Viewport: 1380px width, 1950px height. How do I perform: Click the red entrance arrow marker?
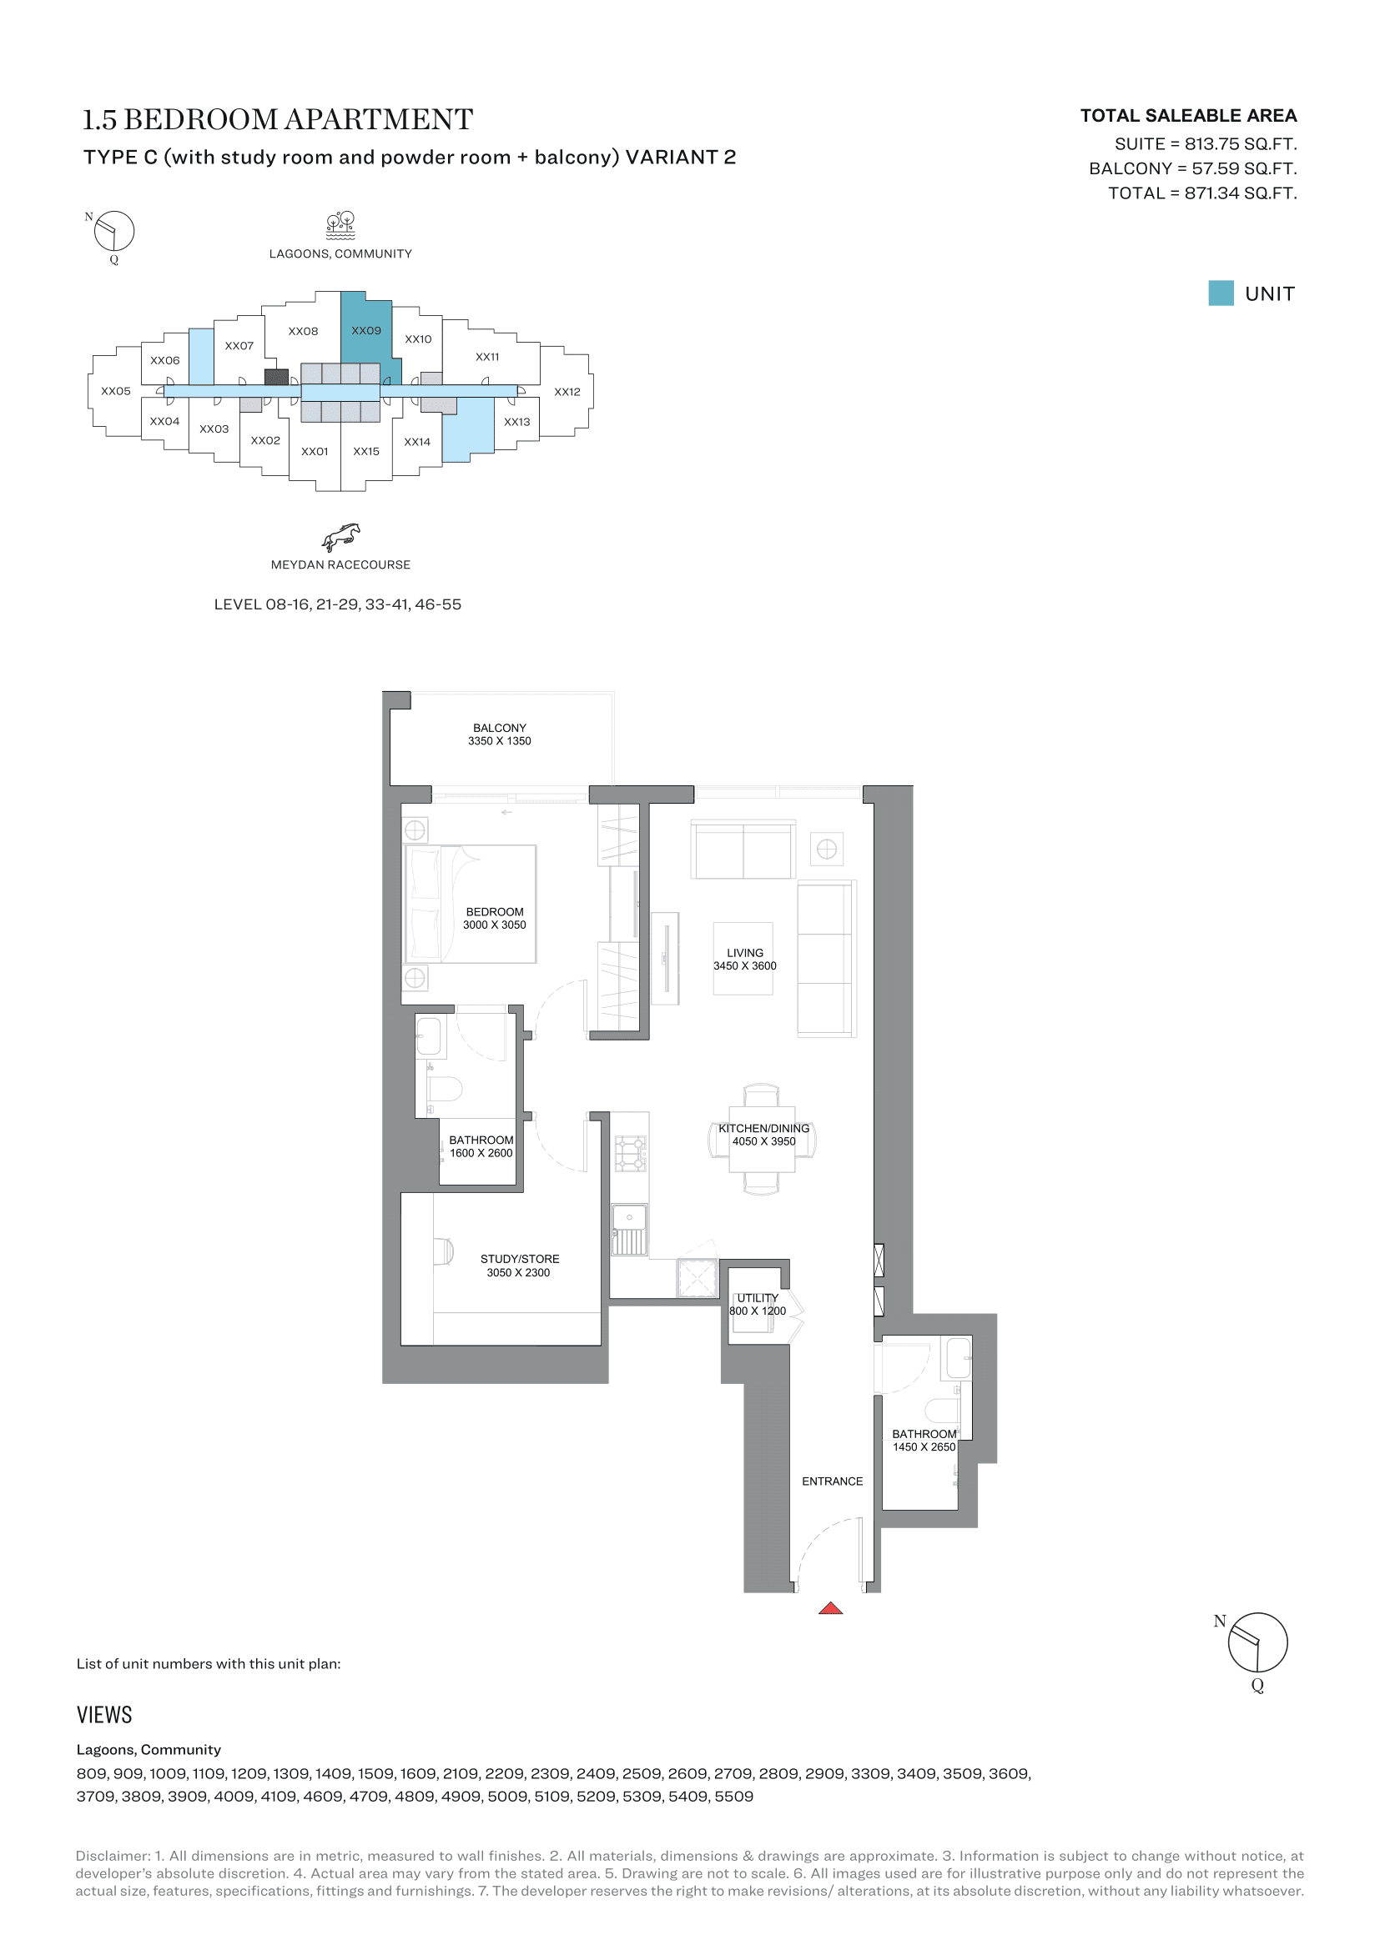[830, 1607]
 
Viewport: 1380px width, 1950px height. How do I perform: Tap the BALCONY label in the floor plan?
[500, 734]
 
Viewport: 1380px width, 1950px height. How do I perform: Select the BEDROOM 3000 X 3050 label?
[495, 918]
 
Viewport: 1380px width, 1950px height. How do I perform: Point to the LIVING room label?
[744, 959]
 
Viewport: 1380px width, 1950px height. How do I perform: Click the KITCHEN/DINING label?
[764, 1135]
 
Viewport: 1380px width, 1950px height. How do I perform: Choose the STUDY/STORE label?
[519, 1266]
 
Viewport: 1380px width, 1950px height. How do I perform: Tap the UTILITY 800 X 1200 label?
[757, 1304]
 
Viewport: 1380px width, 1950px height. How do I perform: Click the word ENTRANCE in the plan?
[832, 1481]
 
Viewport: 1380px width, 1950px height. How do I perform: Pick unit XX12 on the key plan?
[567, 392]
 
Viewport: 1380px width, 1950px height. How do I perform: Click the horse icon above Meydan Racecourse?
[340, 538]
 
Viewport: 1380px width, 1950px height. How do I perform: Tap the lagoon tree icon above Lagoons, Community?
[340, 225]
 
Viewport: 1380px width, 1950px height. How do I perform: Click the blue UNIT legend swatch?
[1221, 293]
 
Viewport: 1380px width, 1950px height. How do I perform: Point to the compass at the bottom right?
[1257, 1642]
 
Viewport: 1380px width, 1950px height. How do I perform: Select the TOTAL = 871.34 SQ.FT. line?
[1202, 193]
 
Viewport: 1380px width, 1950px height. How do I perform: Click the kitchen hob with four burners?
[631, 1153]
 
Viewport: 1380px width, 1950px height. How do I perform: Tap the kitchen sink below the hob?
[630, 1229]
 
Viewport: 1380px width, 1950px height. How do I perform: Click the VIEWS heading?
[104, 1715]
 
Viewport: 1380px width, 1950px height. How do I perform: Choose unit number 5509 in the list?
[734, 1797]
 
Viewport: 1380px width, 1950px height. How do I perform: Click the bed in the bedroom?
[471, 904]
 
